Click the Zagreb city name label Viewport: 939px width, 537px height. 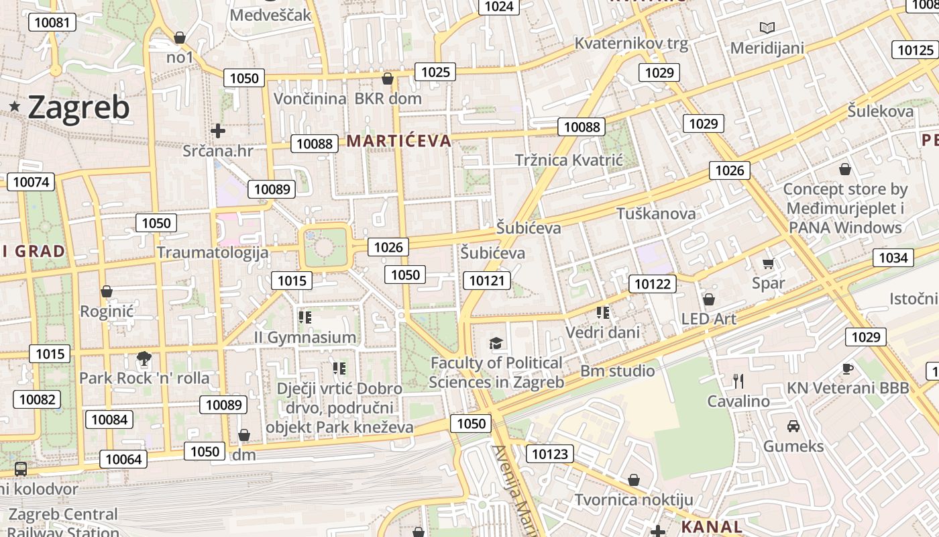coord(78,107)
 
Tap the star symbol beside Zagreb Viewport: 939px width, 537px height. coord(15,106)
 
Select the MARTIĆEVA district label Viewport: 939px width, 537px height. coord(399,141)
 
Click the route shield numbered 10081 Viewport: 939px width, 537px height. coord(52,22)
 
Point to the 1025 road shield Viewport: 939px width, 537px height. coord(435,72)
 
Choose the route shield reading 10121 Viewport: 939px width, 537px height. coord(487,281)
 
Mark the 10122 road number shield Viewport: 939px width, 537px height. coord(653,284)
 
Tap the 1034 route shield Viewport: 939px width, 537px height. coord(893,258)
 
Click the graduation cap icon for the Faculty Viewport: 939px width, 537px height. coord(496,344)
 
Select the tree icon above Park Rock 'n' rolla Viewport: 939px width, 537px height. coord(144,358)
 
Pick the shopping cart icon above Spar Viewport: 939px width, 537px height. coord(769,263)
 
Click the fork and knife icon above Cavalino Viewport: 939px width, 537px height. coord(738,381)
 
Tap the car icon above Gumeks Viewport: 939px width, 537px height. coord(793,426)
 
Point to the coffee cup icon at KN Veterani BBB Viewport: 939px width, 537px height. coord(848,368)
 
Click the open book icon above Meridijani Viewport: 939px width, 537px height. coord(767,28)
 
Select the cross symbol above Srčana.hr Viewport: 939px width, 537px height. coord(217,130)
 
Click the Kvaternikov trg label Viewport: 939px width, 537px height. coord(631,44)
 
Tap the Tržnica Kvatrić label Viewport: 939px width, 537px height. coord(569,160)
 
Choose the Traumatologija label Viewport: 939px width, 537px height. coord(213,252)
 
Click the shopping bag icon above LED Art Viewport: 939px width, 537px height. coord(709,299)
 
